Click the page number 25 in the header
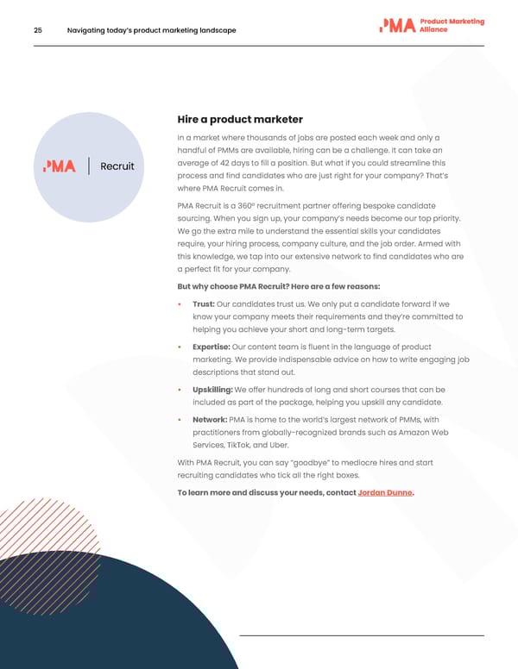pyautogui.click(x=38, y=31)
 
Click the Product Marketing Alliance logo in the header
pyautogui.click(x=431, y=26)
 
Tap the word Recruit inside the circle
pyautogui.click(x=117, y=166)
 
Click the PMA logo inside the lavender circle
pyautogui.click(x=60, y=166)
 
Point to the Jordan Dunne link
pyautogui.click(x=384, y=492)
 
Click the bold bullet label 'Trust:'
pyautogui.click(x=204, y=303)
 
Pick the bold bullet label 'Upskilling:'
pyautogui.click(x=213, y=389)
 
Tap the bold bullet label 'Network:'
pyautogui.click(x=211, y=419)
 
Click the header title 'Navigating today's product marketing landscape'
pyautogui.click(x=151, y=31)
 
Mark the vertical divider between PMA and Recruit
pyautogui.click(x=90, y=166)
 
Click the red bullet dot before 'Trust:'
pyautogui.click(x=180, y=304)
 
